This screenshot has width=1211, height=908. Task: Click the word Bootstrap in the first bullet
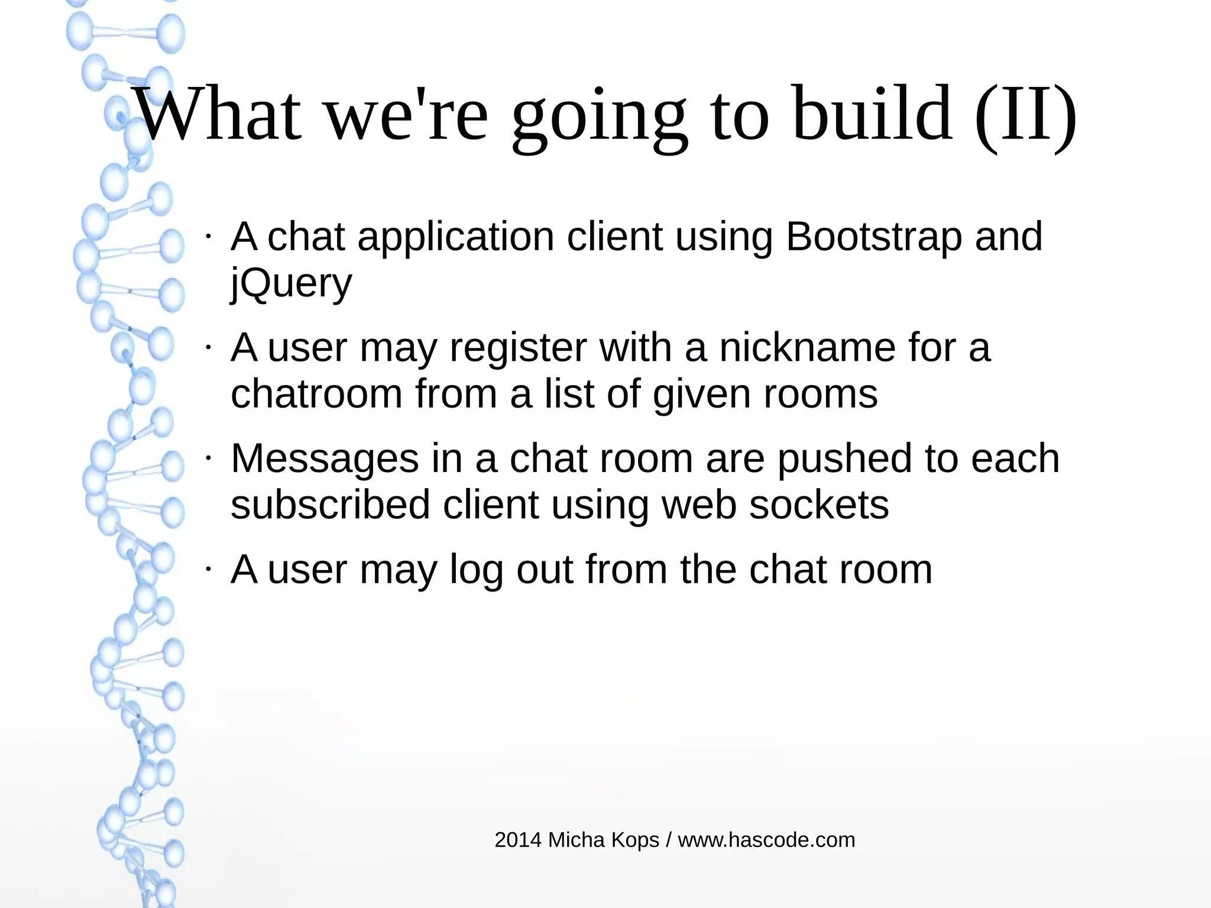click(x=873, y=237)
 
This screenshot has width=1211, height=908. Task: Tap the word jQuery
click(x=291, y=283)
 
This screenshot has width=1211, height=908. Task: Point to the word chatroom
click(x=316, y=394)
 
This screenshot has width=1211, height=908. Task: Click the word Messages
click(x=325, y=459)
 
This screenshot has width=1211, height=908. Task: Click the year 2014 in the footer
click(x=518, y=840)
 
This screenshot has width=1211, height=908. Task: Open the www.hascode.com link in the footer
click(x=766, y=840)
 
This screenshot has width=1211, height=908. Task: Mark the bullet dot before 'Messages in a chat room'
click(x=208, y=458)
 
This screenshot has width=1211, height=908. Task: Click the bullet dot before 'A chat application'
click(x=208, y=237)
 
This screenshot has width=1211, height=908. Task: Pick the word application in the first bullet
click(x=456, y=237)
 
